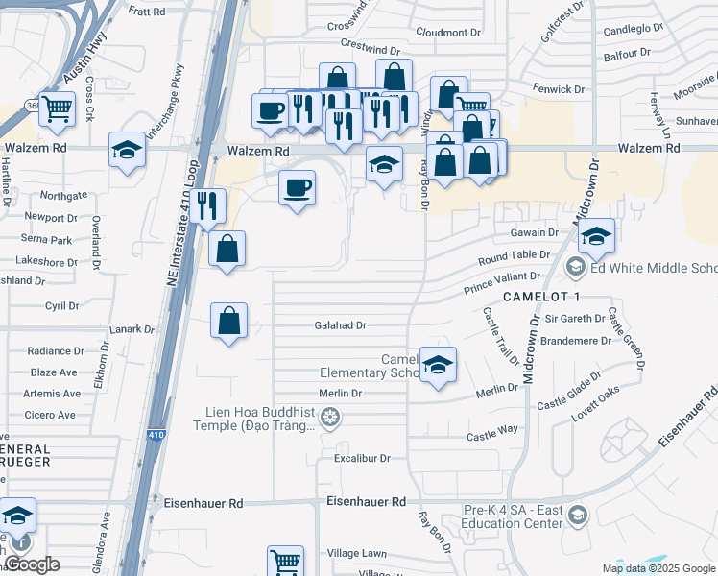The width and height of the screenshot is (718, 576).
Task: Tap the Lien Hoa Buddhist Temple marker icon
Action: tap(331, 416)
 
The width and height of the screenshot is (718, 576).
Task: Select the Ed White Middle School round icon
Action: tap(576, 267)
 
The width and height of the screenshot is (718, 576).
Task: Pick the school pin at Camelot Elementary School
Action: tap(438, 366)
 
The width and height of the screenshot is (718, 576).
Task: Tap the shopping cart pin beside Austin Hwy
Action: tap(57, 109)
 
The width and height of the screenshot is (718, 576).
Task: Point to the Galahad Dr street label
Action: tap(341, 325)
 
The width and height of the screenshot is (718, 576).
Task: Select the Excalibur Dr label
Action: tap(362, 459)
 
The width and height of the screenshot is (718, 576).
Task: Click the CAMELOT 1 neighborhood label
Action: tap(542, 296)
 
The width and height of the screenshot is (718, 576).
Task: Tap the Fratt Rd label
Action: tap(147, 12)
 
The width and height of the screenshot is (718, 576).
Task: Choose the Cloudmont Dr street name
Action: tap(448, 32)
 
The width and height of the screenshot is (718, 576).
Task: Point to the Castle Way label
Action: tap(492, 437)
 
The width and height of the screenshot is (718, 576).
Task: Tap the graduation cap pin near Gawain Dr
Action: tap(596, 236)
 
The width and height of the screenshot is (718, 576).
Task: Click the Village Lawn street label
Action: tap(355, 553)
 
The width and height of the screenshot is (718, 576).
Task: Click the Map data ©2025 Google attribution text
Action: tap(658, 568)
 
